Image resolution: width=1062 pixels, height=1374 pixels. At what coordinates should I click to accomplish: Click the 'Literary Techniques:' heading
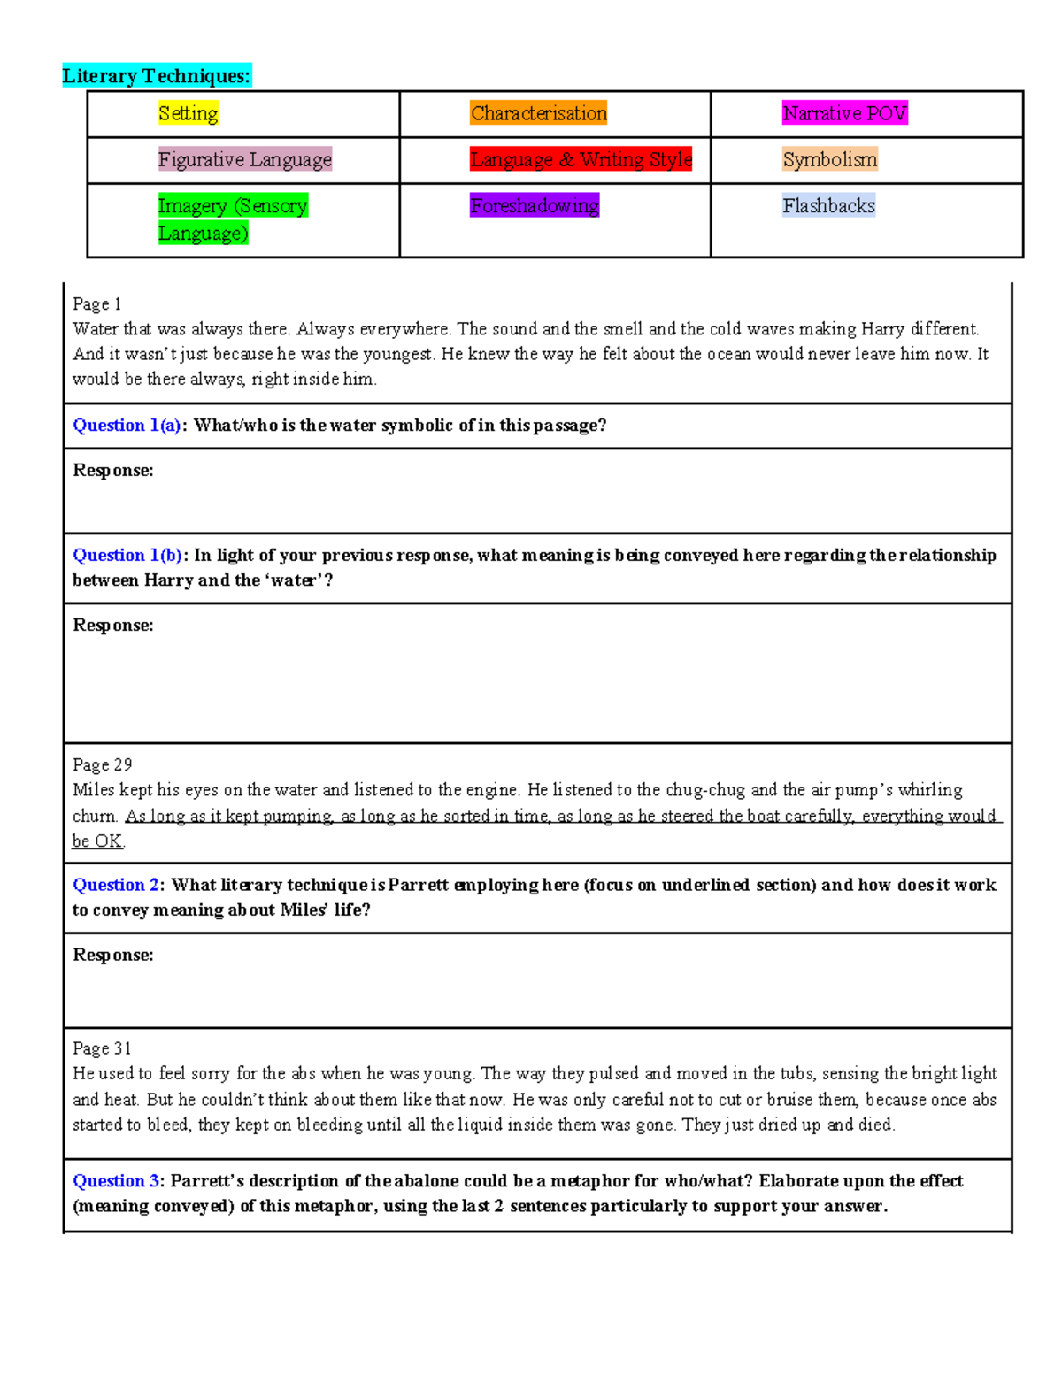click(157, 76)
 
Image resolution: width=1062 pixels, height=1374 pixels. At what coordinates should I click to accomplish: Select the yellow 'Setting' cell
click(188, 113)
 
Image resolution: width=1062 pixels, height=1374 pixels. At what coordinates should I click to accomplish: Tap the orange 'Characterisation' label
click(538, 113)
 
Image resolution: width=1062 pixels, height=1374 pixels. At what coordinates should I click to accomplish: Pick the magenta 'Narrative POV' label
click(844, 113)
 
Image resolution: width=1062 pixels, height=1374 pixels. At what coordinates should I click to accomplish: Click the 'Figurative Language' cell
click(244, 159)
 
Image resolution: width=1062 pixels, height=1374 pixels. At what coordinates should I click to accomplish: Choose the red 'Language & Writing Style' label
click(581, 159)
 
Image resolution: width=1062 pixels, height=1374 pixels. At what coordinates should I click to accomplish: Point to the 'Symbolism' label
click(829, 159)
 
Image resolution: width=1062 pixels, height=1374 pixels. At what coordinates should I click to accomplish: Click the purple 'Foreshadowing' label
click(534, 206)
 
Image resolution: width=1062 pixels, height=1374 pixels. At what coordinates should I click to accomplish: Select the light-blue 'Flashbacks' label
click(828, 206)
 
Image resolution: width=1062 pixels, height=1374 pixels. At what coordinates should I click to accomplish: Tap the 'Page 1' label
click(96, 304)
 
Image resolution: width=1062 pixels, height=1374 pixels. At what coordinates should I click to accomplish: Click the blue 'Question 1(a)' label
click(128, 426)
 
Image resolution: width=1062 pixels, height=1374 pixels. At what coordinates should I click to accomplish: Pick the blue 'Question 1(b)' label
click(128, 556)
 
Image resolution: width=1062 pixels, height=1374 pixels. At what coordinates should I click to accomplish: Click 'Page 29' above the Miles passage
click(102, 764)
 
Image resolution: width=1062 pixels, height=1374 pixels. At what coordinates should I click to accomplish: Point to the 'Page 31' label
click(102, 1048)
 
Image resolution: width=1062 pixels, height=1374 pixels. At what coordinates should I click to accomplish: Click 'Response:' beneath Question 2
click(112, 956)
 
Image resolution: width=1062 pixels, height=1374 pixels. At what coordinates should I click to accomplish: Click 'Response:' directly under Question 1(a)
click(112, 471)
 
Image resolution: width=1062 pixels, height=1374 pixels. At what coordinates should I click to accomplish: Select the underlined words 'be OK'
click(97, 841)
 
